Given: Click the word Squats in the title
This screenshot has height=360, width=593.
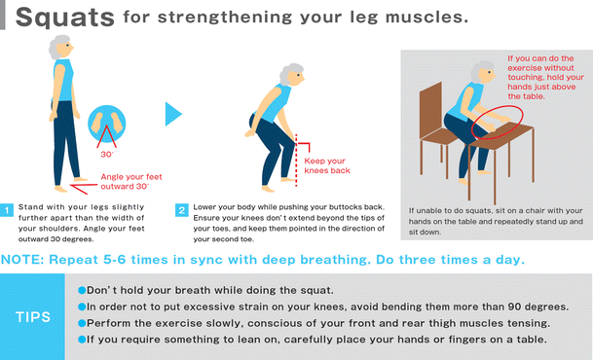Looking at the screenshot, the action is click(x=64, y=18).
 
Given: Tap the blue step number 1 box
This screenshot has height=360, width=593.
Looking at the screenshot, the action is click(x=7, y=210).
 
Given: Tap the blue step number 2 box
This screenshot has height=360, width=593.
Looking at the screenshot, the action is click(x=182, y=210).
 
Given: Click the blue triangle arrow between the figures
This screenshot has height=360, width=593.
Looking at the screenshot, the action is click(x=173, y=114).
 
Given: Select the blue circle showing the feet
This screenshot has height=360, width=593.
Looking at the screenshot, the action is click(x=107, y=124).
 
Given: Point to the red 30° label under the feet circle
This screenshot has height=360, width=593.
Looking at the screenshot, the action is click(x=107, y=154).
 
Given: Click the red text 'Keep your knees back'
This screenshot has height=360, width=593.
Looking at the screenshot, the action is click(x=327, y=165).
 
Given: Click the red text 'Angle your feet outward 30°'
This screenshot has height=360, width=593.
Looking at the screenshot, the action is click(x=131, y=181).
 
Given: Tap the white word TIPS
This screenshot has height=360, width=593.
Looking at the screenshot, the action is click(x=33, y=317).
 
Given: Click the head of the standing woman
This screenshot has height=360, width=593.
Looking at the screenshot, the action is click(x=61, y=47).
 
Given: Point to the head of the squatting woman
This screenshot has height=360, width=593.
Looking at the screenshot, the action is click(x=292, y=75).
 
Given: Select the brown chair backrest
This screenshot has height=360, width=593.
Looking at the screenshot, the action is click(x=431, y=111).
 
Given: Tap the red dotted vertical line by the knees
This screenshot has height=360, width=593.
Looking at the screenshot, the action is click(x=296, y=161).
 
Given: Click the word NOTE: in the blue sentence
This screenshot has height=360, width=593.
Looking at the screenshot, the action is click(x=22, y=260).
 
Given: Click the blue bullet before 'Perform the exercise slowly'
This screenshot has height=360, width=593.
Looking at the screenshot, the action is click(x=82, y=323).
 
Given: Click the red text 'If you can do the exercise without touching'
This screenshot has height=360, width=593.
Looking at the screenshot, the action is click(x=541, y=67).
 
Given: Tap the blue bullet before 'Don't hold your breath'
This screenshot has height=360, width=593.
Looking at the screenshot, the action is click(x=82, y=290).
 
